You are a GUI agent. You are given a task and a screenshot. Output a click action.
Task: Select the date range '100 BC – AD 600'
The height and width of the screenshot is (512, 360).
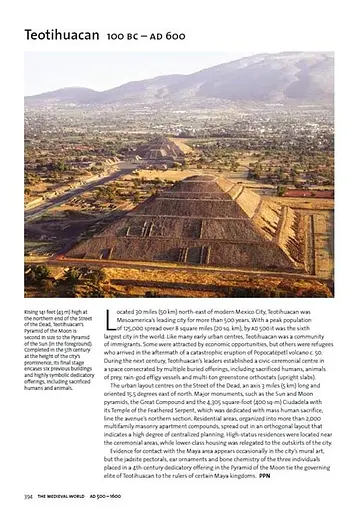click(x=142, y=35)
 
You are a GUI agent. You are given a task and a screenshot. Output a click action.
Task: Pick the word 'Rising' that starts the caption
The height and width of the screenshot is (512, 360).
click(x=32, y=312)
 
